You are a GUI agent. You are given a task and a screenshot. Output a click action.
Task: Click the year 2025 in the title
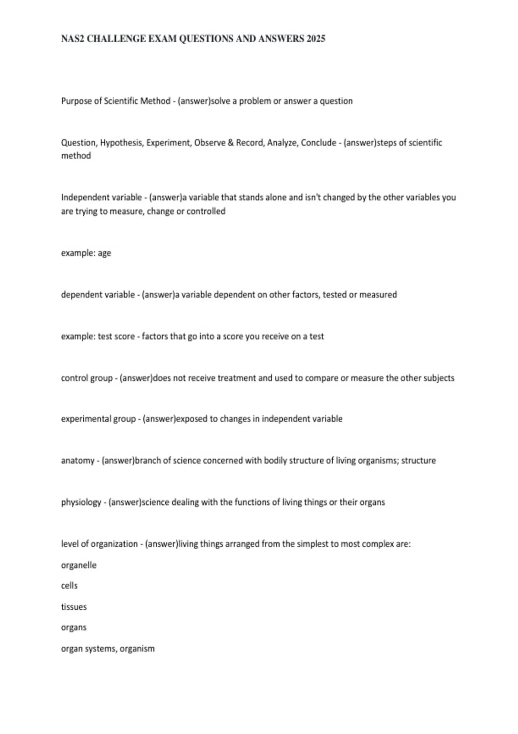point(316,39)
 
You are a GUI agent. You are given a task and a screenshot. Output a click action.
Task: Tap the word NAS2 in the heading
point(73,39)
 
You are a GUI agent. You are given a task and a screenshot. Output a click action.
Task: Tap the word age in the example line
point(104,253)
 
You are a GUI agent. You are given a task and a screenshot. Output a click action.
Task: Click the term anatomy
point(78,461)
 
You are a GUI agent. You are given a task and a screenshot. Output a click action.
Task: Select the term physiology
point(81,502)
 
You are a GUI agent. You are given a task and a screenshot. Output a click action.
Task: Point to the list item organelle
point(79,565)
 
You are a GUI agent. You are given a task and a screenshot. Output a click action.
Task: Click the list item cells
point(69,586)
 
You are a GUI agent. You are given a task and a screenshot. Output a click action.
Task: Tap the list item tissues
point(74,607)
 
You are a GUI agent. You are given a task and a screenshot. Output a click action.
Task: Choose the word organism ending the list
point(137,649)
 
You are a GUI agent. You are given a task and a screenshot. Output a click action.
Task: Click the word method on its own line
point(76,156)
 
